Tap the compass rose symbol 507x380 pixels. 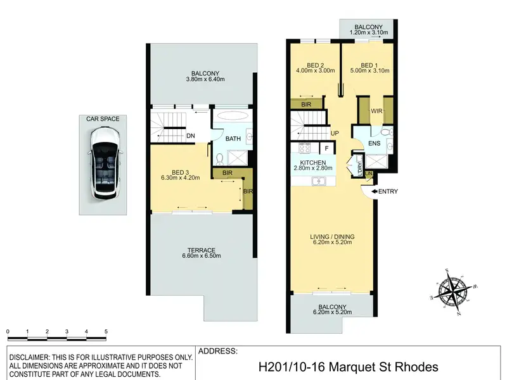click(x=453, y=292)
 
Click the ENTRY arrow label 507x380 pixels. click(x=385, y=192)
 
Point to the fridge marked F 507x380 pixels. click(x=326, y=148)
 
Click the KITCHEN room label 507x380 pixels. click(x=313, y=163)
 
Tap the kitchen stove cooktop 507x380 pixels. click(x=304, y=148)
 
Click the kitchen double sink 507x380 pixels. click(x=319, y=181)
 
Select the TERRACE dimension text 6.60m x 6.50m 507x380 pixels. click(x=202, y=256)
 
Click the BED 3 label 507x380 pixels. click(x=180, y=172)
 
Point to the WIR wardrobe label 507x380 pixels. click(x=376, y=111)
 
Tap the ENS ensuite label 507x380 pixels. click(x=375, y=143)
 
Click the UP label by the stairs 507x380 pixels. click(x=335, y=133)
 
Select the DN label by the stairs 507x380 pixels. click(x=191, y=136)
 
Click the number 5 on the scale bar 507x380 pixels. click(x=106, y=331)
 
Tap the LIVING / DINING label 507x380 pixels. click(x=332, y=237)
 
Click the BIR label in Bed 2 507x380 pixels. click(x=306, y=104)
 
